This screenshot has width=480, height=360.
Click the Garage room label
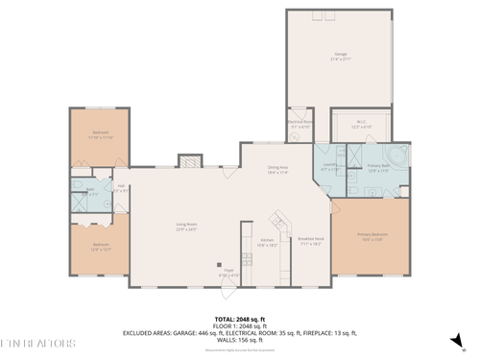click(x=340, y=56)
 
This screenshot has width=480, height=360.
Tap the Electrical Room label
click(x=299, y=124)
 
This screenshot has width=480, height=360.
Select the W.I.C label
click(x=362, y=124)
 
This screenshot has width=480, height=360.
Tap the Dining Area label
click(x=279, y=170)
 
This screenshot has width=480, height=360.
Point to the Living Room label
click(x=186, y=228)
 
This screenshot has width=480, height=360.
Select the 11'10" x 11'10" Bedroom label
click(x=101, y=134)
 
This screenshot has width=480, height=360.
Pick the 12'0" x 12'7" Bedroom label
click(x=101, y=246)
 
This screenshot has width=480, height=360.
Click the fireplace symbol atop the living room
click(x=191, y=163)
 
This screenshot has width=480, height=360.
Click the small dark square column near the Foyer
click(x=219, y=265)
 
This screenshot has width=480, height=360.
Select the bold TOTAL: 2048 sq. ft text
click(x=240, y=320)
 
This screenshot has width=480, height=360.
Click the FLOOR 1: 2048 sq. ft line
click(x=240, y=326)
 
